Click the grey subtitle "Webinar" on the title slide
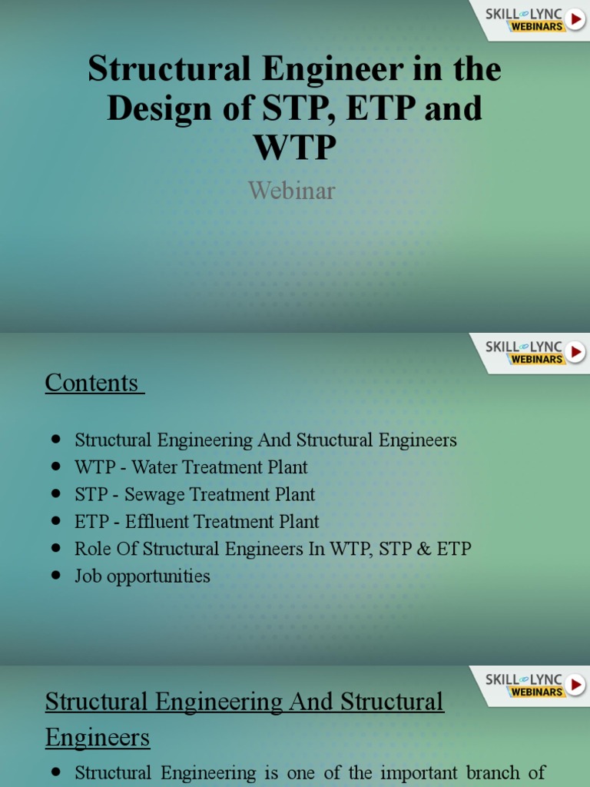click(x=291, y=190)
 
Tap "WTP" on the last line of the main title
click(x=294, y=147)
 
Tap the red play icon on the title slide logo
click(x=576, y=18)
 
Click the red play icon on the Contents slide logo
click(x=576, y=352)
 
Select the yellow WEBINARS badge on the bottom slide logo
click(x=536, y=692)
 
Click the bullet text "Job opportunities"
click(x=142, y=576)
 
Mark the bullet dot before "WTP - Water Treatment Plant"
click(x=55, y=467)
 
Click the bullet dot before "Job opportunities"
click(x=55, y=576)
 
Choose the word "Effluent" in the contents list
click(x=157, y=521)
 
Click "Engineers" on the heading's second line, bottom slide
click(x=98, y=739)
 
